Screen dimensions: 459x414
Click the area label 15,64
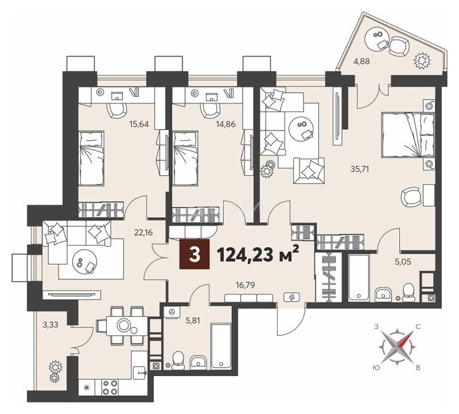139,124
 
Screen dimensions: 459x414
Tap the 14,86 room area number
226,124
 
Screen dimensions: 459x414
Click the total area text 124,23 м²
259,256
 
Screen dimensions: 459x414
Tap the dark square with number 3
194,254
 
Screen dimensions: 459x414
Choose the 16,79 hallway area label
245,285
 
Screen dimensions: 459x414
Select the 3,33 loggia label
50,325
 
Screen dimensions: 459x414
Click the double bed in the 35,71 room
408,135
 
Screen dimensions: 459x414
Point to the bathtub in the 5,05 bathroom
358,278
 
